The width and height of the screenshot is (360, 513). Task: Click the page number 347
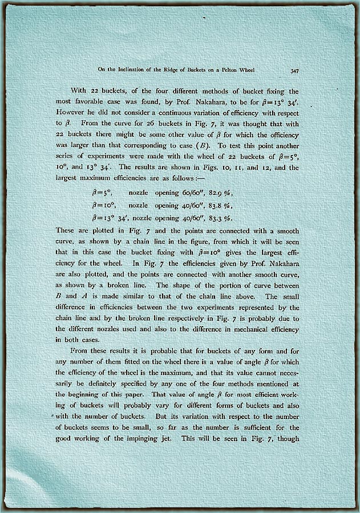(x=296, y=71)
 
